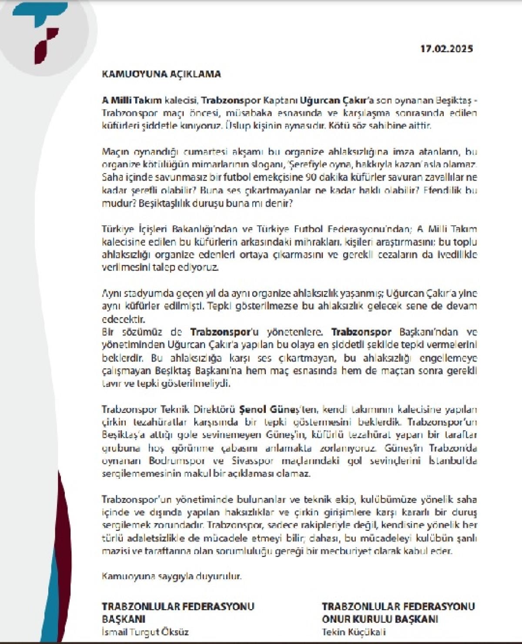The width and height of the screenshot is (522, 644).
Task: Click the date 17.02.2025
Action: (446, 49)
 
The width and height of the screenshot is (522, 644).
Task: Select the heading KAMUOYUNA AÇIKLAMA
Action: (161, 74)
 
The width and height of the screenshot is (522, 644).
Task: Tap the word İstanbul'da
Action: (452, 461)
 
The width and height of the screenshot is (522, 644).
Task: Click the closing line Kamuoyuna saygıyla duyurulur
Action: (171, 576)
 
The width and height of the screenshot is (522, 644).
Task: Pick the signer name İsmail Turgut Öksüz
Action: (145, 632)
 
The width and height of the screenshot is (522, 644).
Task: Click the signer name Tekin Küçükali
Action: (354, 632)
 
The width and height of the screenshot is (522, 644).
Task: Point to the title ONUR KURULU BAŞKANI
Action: (380, 619)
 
